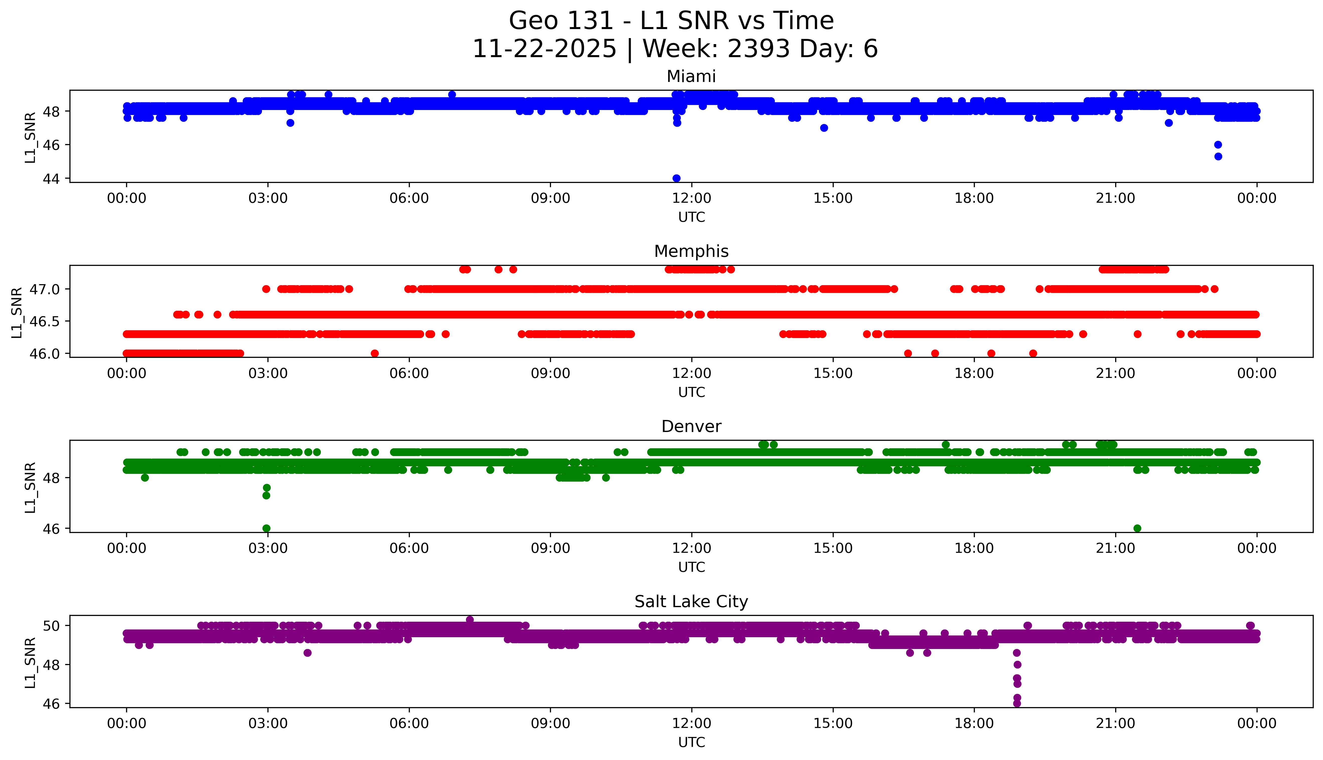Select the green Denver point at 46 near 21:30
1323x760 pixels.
pos(1137,528)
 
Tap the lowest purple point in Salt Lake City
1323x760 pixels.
pos(1016,703)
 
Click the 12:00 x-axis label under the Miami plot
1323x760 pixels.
pos(691,198)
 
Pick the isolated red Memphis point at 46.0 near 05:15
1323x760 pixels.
pos(374,353)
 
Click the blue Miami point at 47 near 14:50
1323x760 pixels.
pos(824,128)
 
